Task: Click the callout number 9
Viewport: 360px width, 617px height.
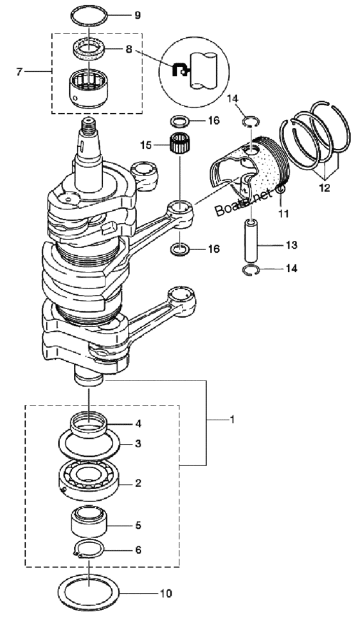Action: click(x=138, y=15)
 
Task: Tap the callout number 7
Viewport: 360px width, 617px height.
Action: click(x=19, y=71)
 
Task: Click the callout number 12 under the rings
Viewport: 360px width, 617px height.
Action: click(x=325, y=188)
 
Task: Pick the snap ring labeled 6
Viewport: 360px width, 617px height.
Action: click(x=89, y=553)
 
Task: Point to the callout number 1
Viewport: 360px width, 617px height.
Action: click(x=232, y=420)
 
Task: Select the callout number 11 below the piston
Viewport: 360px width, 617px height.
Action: click(x=283, y=213)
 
